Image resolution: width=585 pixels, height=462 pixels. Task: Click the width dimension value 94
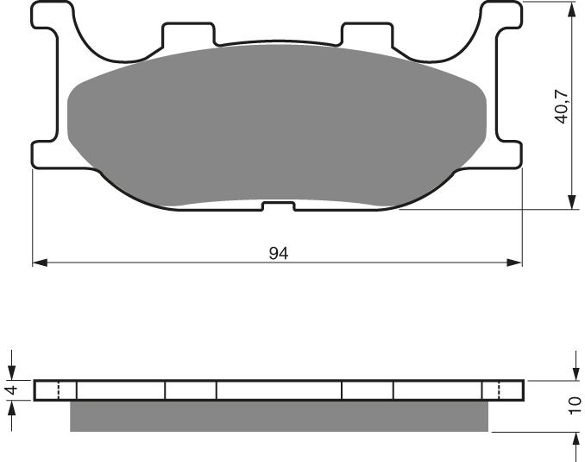click(278, 253)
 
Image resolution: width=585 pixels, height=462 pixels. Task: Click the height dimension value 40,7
click(562, 104)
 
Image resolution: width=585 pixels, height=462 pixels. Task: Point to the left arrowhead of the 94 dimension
click(39, 262)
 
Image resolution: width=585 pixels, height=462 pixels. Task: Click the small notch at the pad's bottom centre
click(278, 206)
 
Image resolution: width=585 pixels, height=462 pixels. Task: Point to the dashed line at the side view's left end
click(58, 390)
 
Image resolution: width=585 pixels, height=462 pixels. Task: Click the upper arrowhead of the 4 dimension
click(12, 374)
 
